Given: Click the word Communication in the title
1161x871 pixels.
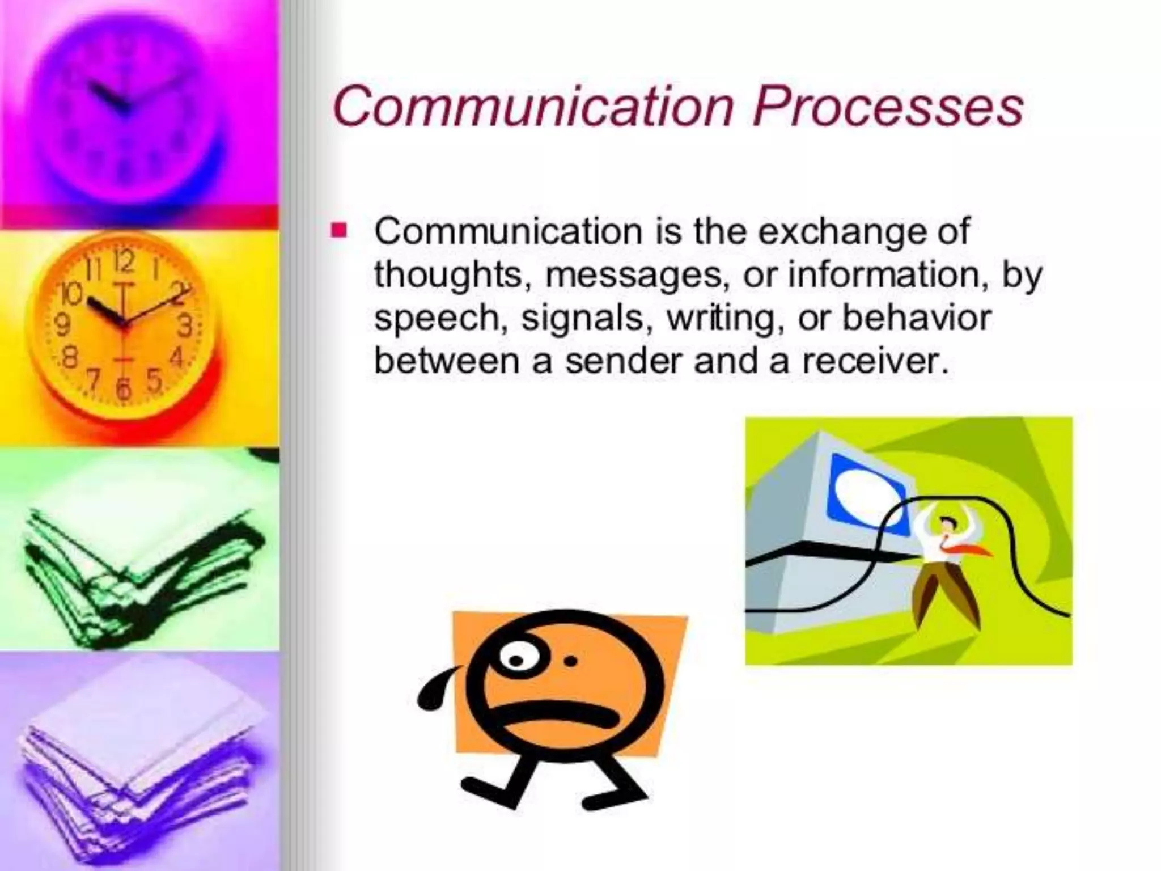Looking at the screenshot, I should tap(533, 107).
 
